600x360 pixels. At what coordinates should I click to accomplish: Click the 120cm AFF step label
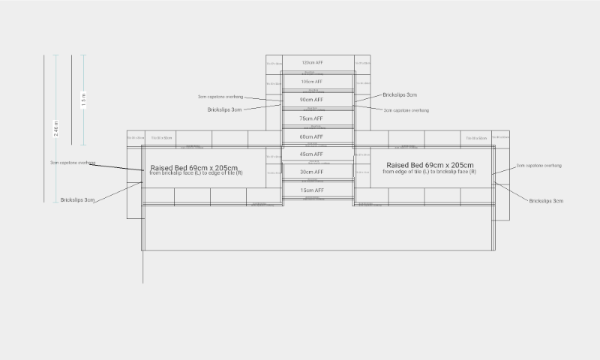coord(311,62)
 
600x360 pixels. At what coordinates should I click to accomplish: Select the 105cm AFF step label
coord(311,81)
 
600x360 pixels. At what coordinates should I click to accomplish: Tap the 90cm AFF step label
coord(311,100)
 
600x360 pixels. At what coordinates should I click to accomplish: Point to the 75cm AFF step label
coord(311,118)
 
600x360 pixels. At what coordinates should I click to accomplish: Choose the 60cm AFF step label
coord(311,136)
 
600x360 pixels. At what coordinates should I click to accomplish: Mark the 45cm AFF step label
coord(311,154)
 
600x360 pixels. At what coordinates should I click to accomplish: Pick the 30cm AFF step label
coord(311,172)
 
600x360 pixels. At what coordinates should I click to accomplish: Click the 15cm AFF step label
coord(311,190)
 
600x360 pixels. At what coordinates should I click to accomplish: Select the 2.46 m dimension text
coord(55,128)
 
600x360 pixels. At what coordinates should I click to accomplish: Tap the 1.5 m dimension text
coord(83,100)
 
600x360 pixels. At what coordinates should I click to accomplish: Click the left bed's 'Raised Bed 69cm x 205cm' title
coord(194,167)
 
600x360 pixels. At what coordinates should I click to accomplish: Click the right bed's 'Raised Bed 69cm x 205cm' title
coord(430,165)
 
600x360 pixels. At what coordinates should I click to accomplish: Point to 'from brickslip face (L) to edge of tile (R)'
coord(196,173)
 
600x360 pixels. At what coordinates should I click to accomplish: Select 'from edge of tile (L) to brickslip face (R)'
coord(429,172)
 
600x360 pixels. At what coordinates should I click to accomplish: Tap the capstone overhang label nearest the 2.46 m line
coord(72,163)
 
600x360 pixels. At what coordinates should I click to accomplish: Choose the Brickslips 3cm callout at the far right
coord(546,201)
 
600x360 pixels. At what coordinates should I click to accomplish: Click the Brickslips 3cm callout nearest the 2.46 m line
coord(78,200)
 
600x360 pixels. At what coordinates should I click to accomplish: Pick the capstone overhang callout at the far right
coord(538,165)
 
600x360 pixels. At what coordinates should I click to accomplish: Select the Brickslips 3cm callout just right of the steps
coord(400,95)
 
